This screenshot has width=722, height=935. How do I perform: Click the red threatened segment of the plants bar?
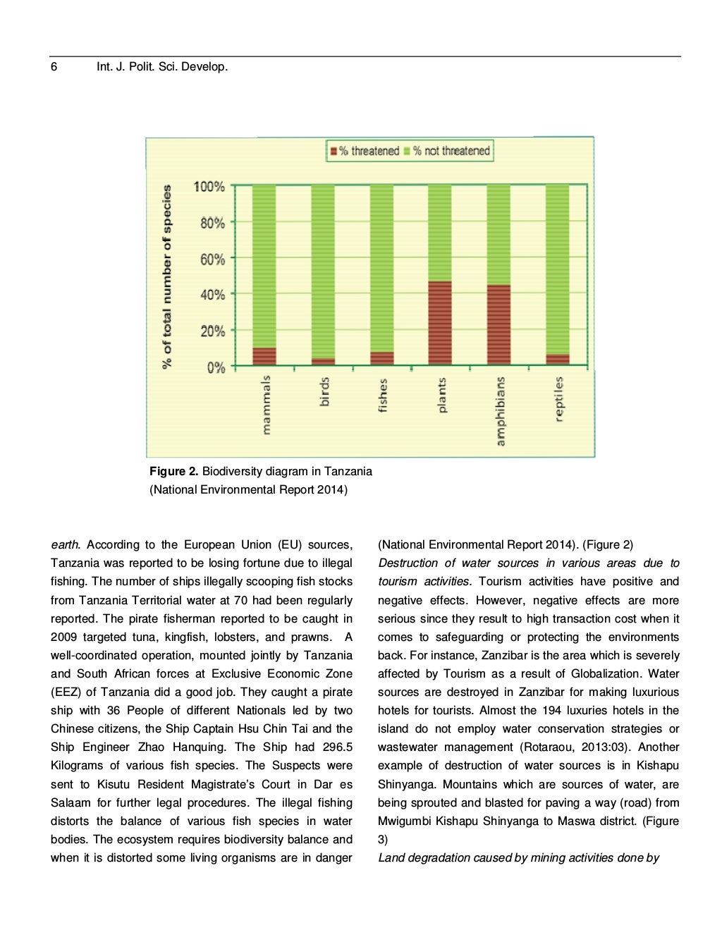click(440, 323)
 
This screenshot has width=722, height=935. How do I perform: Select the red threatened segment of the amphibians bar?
click(498, 325)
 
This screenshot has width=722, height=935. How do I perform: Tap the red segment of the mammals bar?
click(264, 356)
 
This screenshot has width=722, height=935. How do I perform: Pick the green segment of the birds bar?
click(323, 271)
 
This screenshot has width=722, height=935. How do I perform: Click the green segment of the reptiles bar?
click(557, 268)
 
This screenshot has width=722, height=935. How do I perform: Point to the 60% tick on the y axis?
click(212, 259)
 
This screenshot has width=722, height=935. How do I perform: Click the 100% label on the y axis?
click(209, 187)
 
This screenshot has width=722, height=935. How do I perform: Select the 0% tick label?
click(216, 367)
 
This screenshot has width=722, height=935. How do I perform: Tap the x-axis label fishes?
click(382, 396)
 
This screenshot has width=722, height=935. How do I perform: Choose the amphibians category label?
click(500, 411)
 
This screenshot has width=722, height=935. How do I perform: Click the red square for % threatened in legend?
click(334, 151)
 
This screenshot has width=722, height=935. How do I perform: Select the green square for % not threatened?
click(407, 151)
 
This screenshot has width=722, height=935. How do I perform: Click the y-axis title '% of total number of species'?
click(167, 276)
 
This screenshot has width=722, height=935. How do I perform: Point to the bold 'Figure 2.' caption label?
click(173, 471)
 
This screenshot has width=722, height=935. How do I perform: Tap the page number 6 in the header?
click(54, 67)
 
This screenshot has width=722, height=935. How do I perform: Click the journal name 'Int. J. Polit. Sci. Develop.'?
click(162, 67)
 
